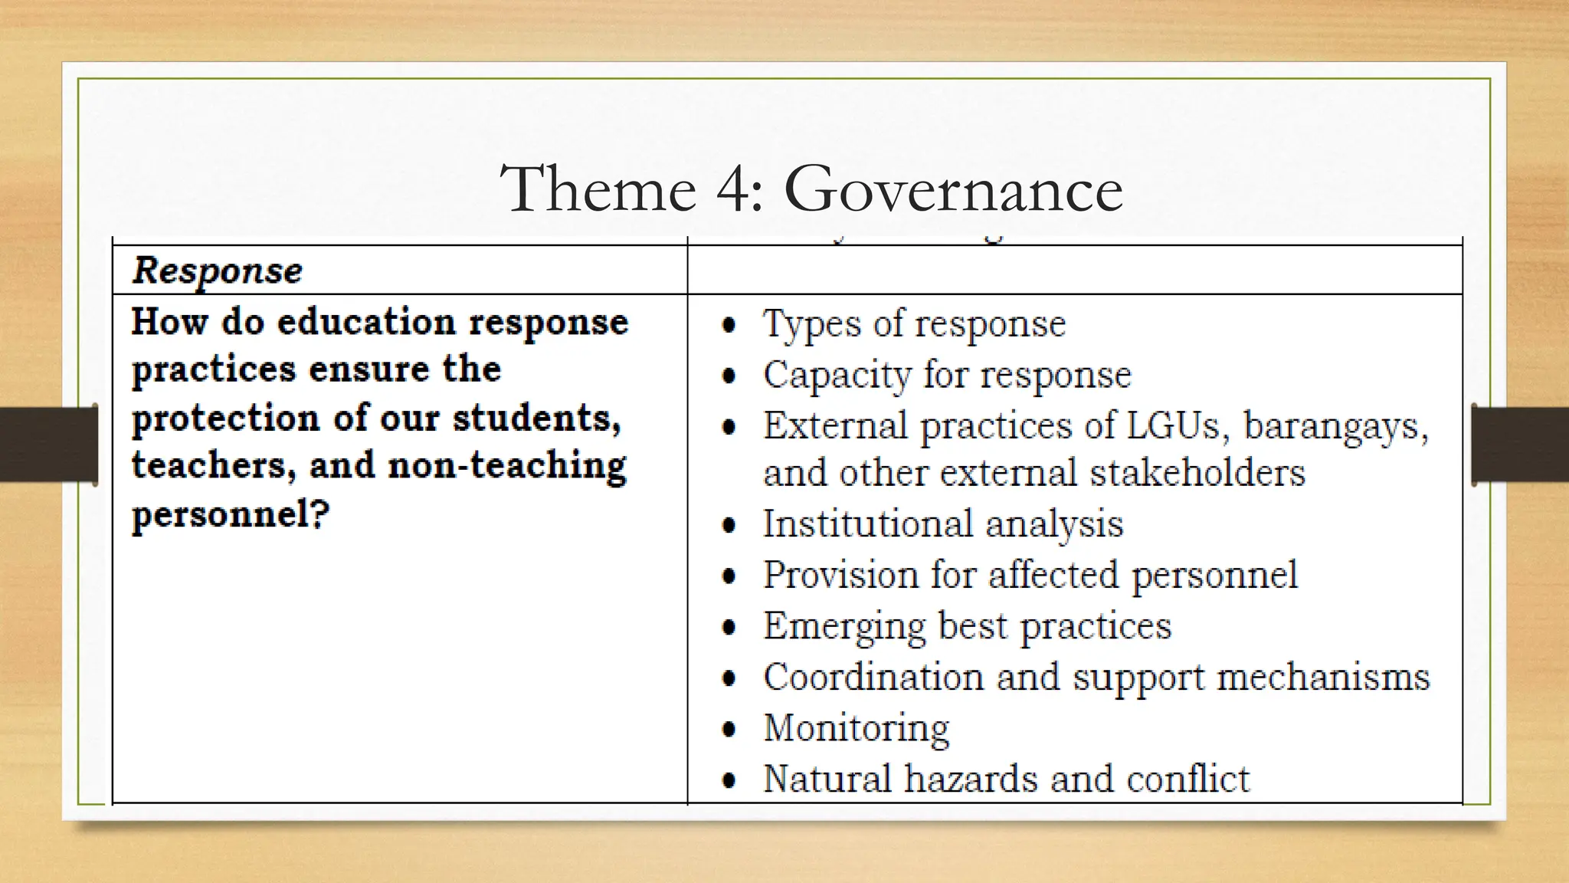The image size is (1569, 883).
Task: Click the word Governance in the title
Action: (x=953, y=189)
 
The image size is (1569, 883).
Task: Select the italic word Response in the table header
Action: (x=218, y=271)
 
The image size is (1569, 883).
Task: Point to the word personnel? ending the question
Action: (x=231, y=514)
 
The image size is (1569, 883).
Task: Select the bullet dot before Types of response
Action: (x=729, y=325)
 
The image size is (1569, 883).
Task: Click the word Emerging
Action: (x=844, y=627)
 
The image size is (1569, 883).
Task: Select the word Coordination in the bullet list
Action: (x=873, y=677)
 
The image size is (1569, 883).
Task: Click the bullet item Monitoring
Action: (x=857, y=728)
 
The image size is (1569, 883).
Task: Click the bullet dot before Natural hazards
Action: (x=729, y=780)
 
